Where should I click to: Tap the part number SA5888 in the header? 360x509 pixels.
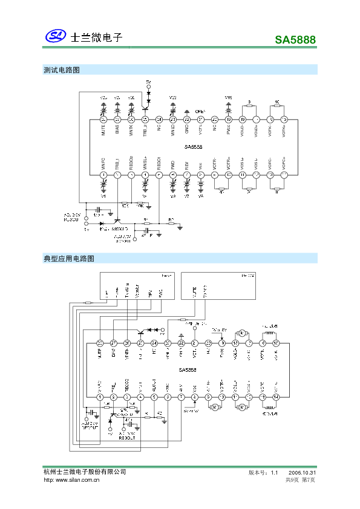(295, 41)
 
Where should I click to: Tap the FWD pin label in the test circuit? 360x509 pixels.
(172, 164)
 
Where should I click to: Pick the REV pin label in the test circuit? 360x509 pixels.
(186, 164)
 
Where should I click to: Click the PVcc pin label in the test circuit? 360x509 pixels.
(228, 129)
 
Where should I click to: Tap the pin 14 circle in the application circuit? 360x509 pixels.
(276, 397)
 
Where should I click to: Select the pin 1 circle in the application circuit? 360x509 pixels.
(100, 397)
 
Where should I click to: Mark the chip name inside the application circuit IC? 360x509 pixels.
(187, 370)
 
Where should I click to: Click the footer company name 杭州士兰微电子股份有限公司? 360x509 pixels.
(85, 472)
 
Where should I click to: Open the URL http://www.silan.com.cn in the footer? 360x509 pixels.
(71, 480)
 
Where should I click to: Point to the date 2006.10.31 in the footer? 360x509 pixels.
(303, 472)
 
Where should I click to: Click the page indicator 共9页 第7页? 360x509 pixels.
(300, 480)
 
